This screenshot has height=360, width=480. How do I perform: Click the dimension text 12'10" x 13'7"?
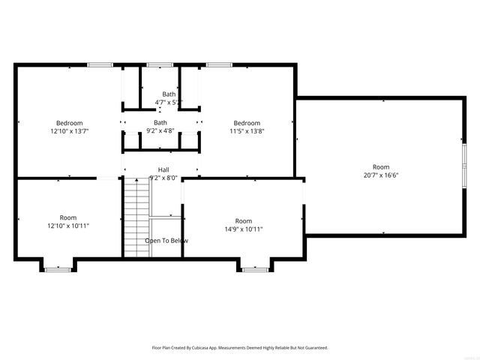[x=69, y=131]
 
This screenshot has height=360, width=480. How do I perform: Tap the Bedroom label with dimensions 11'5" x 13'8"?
[x=246, y=123]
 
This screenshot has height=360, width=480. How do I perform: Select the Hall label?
[x=163, y=169]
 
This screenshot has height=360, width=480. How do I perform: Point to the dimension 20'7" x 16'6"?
[x=381, y=175]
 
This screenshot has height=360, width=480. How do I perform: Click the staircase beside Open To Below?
[x=137, y=217]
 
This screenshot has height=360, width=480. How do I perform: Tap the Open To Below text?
[x=166, y=241]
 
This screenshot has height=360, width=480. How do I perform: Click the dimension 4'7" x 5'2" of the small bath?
[x=169, y=102]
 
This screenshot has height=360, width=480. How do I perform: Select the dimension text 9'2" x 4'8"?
[x=160, y=131]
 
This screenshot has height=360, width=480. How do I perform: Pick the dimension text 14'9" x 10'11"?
[x=243, y=229]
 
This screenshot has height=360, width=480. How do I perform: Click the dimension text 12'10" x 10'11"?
[x=68, y=226]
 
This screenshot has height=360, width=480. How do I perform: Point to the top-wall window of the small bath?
[x=159, y=65]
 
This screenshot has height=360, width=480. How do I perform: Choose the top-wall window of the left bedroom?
[x=100, y=65]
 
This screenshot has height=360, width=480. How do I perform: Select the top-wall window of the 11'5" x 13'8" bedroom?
[x=218, y=65]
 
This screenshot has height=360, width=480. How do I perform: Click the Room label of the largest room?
[x=381, y=167]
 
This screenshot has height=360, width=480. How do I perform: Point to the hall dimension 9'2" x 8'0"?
[x=163, y=178]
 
